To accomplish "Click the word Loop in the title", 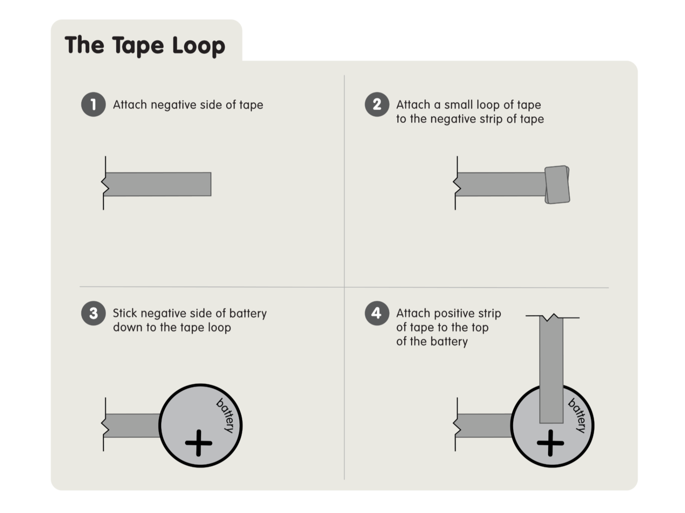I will [199, 45].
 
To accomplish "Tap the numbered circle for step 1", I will [93, 105].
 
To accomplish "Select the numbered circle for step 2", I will [377, 105].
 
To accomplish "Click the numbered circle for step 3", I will [93, 313].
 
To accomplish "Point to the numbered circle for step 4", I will [377, 313].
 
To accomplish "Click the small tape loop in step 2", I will [557, 185].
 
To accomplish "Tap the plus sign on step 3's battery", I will [199, 443].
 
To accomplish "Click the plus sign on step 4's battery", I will [550, 443].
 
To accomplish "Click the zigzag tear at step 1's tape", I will [105, 185].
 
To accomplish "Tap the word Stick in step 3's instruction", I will [125, 313].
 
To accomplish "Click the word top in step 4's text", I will [479, 327].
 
